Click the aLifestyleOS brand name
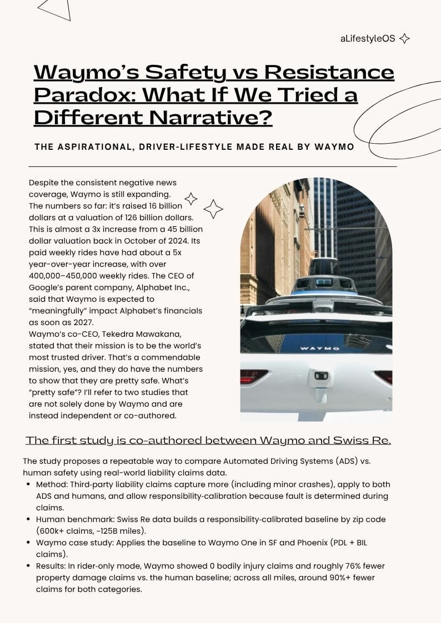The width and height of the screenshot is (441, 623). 368,38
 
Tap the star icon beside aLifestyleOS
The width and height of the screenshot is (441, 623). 405,38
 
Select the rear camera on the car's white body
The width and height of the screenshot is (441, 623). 321,376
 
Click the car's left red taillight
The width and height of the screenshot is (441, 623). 253,377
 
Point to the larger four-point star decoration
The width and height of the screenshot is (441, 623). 213,209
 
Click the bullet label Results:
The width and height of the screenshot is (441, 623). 52,566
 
